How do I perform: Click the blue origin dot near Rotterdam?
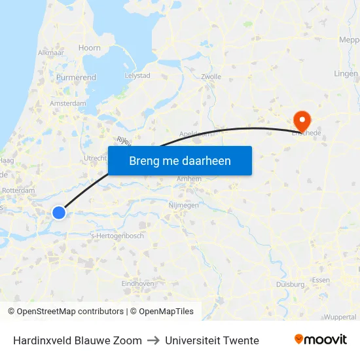click(59, 212)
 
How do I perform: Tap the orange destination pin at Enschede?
click(302, 120)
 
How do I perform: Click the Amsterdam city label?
click(67, 103)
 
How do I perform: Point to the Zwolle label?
click(211, 77)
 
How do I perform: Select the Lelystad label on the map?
click(137, 76)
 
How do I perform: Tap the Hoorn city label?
click(90, 48)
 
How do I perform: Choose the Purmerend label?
click(76, 77)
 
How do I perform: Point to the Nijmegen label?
click(183, 205)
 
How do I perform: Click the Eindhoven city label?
click(137, 283)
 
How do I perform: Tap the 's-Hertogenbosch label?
click(117, 236)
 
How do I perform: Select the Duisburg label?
click(291, 285)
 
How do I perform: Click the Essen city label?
click(321, 280)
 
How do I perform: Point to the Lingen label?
click(346, 73)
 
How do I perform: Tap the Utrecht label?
click(96, 158)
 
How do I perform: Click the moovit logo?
click(321, 340)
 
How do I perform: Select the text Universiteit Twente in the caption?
click(212, 340)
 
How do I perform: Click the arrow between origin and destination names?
click(153, 340)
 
